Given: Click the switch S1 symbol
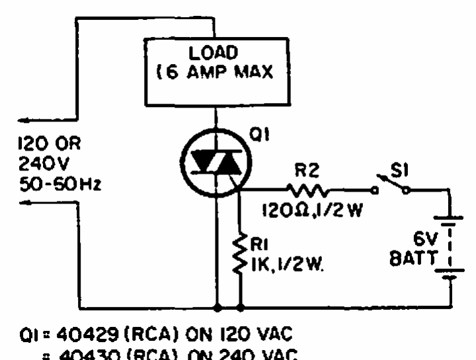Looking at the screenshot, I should [x=392, y=186].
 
